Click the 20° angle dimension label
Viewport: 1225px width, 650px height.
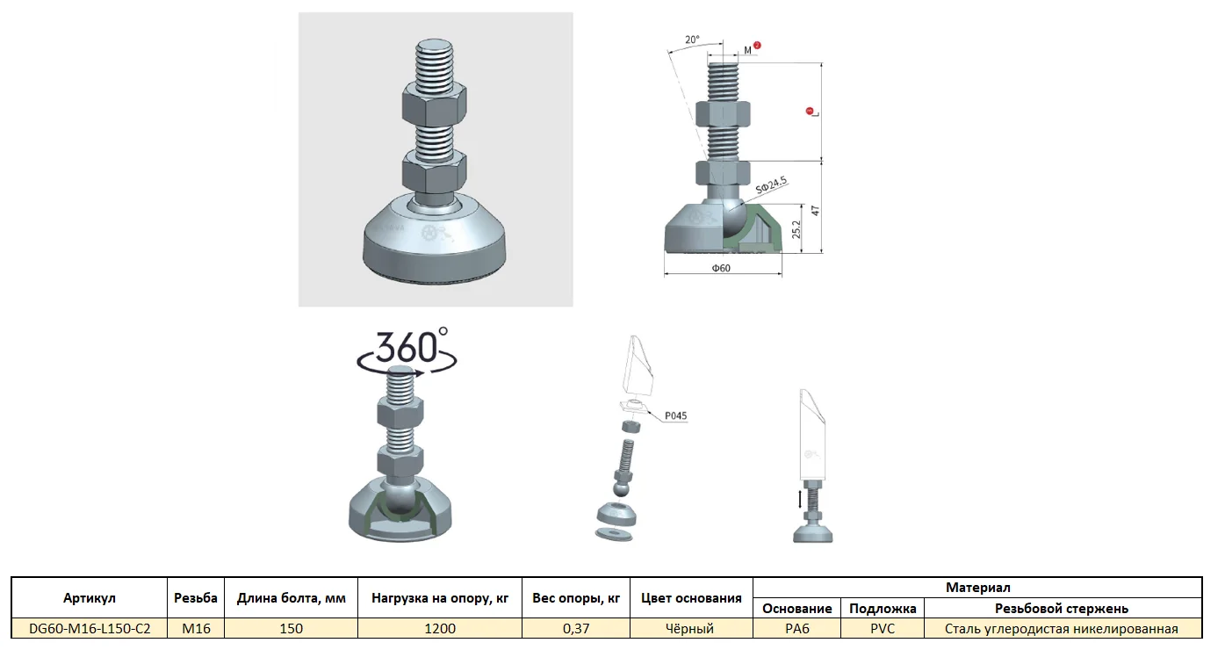[692, 40]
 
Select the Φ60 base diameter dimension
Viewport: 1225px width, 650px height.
[721, 268]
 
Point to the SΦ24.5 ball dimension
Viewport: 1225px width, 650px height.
[771, 185]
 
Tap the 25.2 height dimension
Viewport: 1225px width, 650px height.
[796, 229]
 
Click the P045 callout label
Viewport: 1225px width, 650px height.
[675, 415]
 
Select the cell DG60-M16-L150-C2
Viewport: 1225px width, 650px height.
[90, 629]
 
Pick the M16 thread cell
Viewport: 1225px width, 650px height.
[196, 629]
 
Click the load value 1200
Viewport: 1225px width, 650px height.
[440, 629]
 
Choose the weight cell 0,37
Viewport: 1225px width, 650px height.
[576, 629]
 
